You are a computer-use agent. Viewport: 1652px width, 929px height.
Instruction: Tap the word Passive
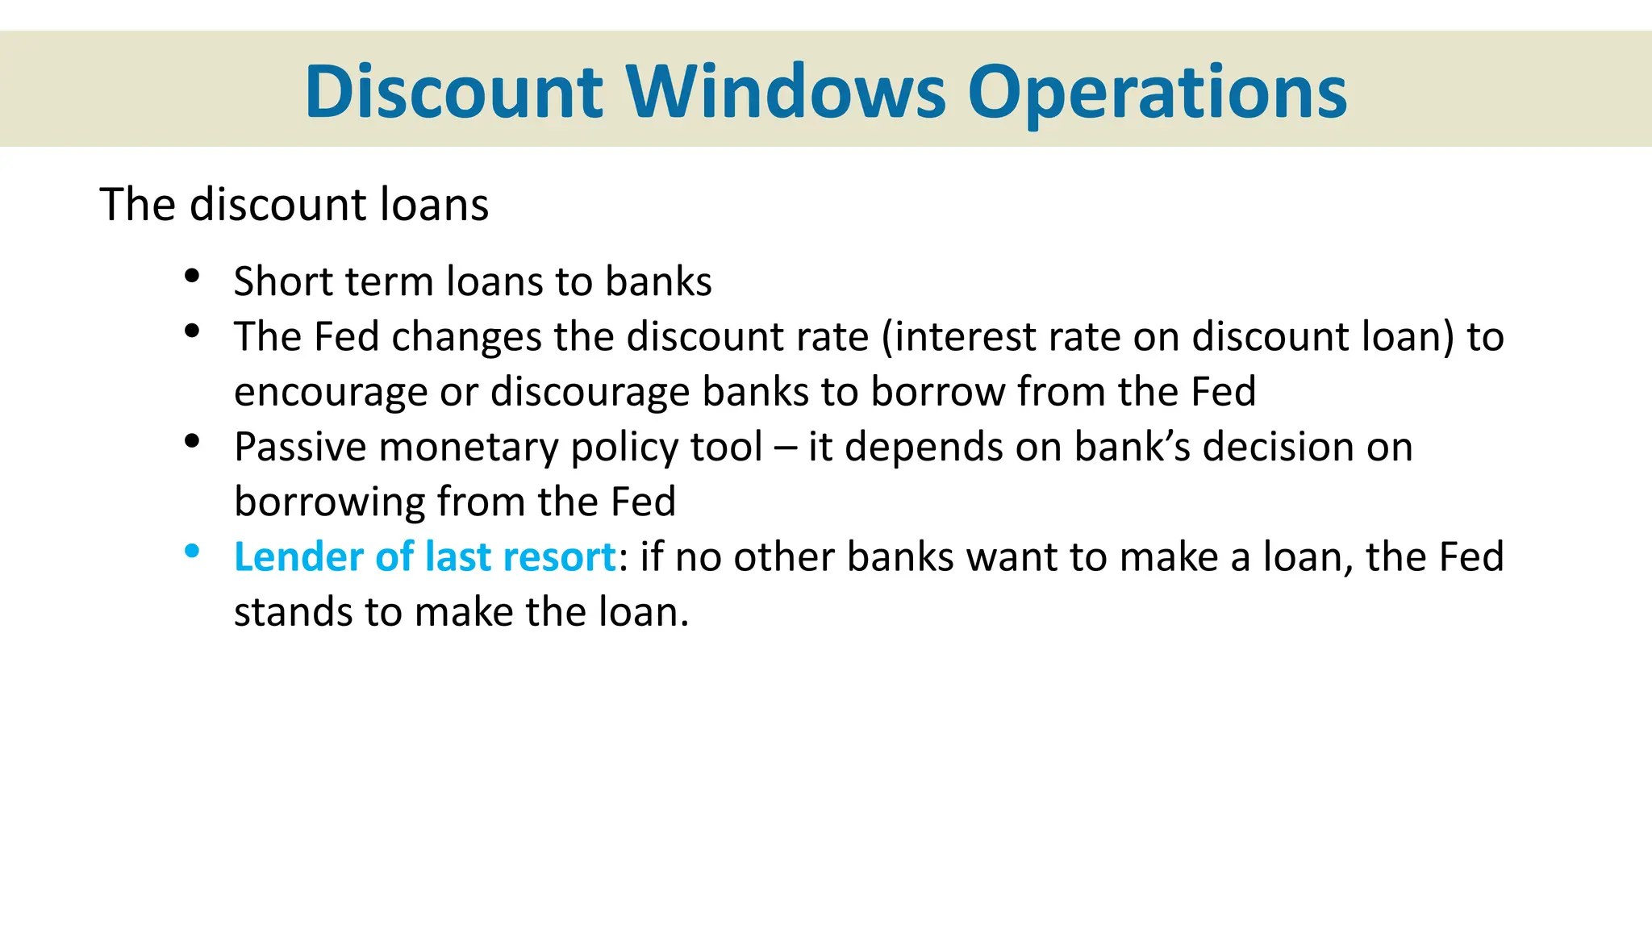(x=300, y=447)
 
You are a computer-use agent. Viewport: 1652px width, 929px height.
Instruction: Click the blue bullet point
(x=192, y=551)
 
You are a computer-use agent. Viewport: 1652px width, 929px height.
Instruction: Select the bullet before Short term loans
(x=192, y=276)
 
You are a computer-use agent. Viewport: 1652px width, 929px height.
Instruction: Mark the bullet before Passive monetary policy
(x=192, y=441)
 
